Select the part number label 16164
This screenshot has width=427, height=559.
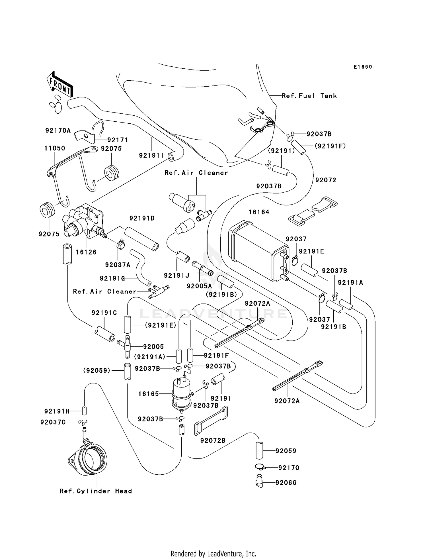pos(259,212)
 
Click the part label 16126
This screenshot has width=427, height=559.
pos(86,252)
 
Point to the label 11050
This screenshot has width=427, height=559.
pos(55,148)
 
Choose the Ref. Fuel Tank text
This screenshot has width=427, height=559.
pos(309,96)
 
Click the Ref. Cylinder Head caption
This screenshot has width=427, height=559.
pos(96,491)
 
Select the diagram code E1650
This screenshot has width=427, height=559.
pos(363,67)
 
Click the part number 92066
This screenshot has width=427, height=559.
pos(286,483)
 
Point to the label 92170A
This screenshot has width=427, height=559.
pos(58,130)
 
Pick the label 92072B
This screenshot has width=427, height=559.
pos(213,440)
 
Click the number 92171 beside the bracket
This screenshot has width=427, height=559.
pos(118,140)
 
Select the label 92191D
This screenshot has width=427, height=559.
pos(142,218)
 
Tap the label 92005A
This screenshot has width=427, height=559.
pos(199,286)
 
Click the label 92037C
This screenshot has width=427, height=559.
pos(53,422)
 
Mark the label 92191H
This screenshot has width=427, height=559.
pos(57,411)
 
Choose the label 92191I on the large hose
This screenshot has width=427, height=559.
pos(151,155)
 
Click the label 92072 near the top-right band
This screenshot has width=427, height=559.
pos(326,180)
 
